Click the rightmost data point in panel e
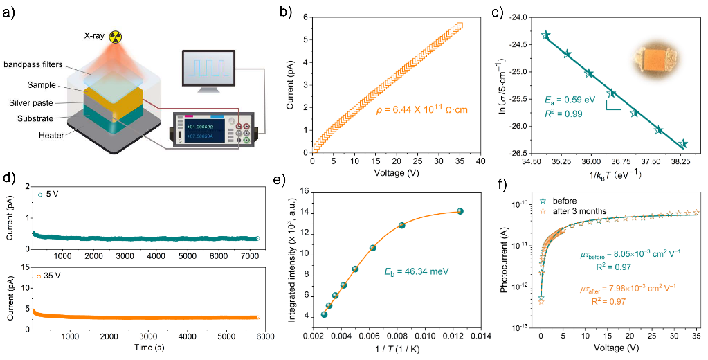(460, 211)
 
